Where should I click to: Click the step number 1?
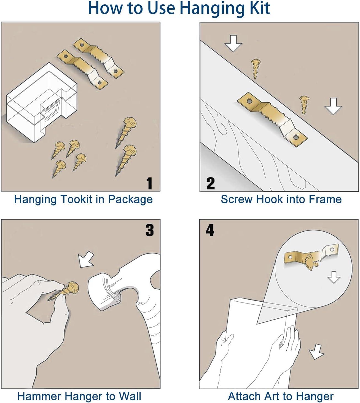click(x=149, y=183)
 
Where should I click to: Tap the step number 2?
click(x=210, y=183)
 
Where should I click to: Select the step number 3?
click(x=149, y=230)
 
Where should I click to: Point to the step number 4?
click(x=210, y=230)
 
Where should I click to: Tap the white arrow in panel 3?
click(x=86, y=259)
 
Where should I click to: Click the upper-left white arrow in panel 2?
click(x=233, y=43)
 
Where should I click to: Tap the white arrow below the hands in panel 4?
click(x=316, y=352)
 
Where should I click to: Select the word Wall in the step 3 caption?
click(x=130, y=396)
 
